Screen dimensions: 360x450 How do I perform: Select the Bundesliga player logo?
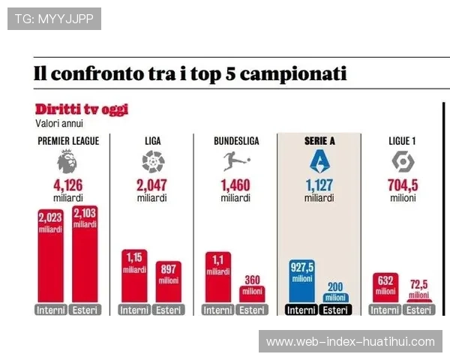235,160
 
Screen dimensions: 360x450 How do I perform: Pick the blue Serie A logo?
319,160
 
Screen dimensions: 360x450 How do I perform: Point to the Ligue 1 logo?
403,160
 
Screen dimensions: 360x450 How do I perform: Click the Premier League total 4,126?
67,186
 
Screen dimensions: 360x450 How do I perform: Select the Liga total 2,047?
152,186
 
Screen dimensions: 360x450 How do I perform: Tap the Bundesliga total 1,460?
235,186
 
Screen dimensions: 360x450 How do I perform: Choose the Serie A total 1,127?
319,186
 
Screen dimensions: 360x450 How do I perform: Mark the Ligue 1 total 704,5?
403,186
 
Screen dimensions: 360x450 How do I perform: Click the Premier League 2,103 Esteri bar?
85,255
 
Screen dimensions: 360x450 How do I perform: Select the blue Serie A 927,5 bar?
301,281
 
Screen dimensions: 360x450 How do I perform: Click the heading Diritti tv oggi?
81,109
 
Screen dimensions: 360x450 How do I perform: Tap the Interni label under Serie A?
301,310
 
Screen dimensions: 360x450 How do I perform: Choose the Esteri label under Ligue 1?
419,310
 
